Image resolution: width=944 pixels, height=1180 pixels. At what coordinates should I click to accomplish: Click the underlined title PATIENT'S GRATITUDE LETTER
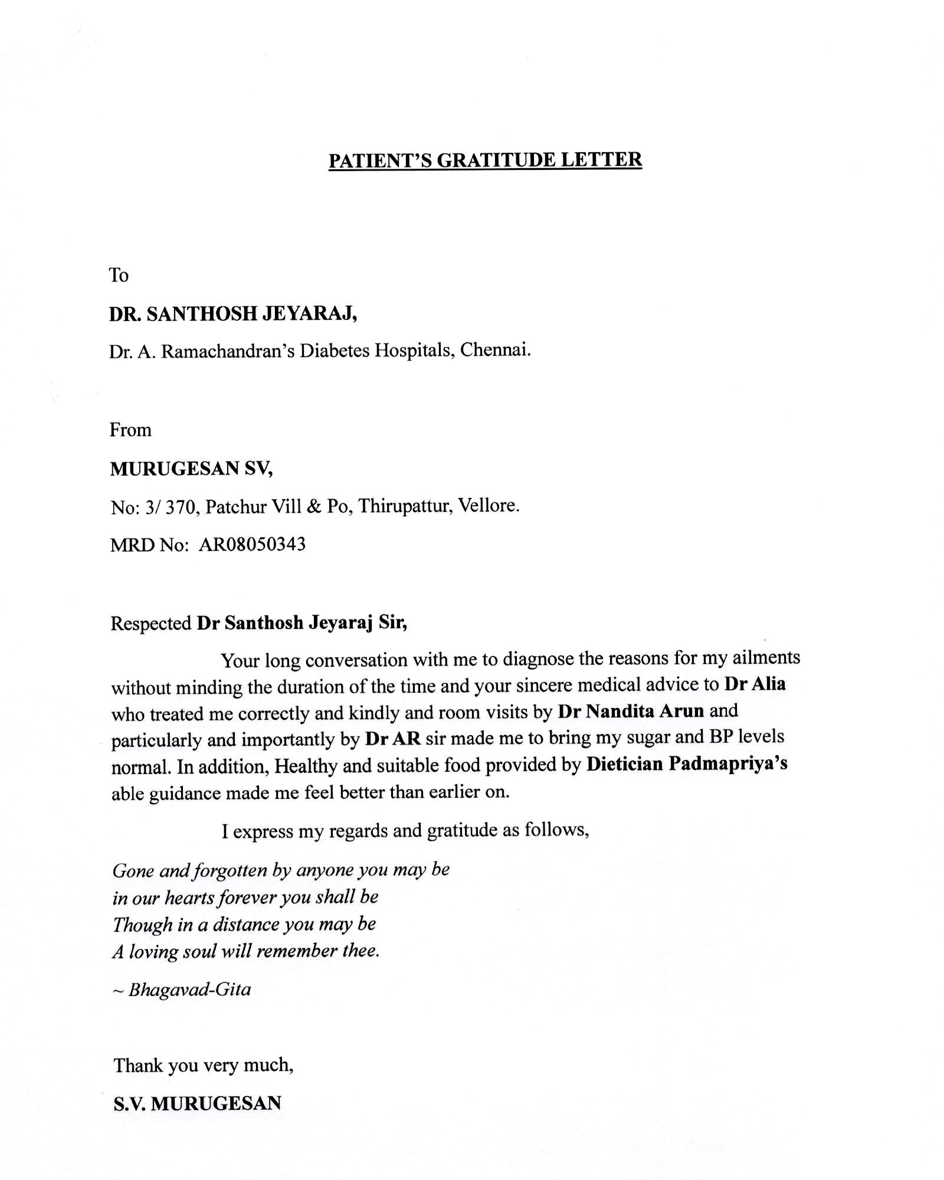point(485,160)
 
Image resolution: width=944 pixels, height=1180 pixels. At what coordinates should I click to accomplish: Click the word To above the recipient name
point(119,275)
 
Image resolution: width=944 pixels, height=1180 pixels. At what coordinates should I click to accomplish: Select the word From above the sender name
point(130,430)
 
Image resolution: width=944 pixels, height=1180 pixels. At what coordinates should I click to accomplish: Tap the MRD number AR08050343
point(252,544)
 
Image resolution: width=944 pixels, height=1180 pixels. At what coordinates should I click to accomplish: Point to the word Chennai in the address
point(495,350)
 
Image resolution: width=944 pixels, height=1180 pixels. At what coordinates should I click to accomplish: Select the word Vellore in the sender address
point(489,506)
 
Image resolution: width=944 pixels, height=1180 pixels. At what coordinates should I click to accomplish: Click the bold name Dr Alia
point(755,684)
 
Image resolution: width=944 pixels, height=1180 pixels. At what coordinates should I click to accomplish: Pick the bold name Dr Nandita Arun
point(631,711)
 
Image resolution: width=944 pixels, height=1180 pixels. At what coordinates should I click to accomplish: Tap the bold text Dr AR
point(393,739)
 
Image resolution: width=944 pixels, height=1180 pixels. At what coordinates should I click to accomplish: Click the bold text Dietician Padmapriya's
point(687,765)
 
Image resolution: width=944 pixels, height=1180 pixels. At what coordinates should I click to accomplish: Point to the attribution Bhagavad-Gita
point(189,989)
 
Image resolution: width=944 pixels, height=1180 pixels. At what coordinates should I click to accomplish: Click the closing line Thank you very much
point(204,1065)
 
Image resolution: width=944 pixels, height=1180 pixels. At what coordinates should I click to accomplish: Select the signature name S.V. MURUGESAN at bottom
point(197,1103)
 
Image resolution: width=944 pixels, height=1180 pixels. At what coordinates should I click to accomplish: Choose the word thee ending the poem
point(359,951)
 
